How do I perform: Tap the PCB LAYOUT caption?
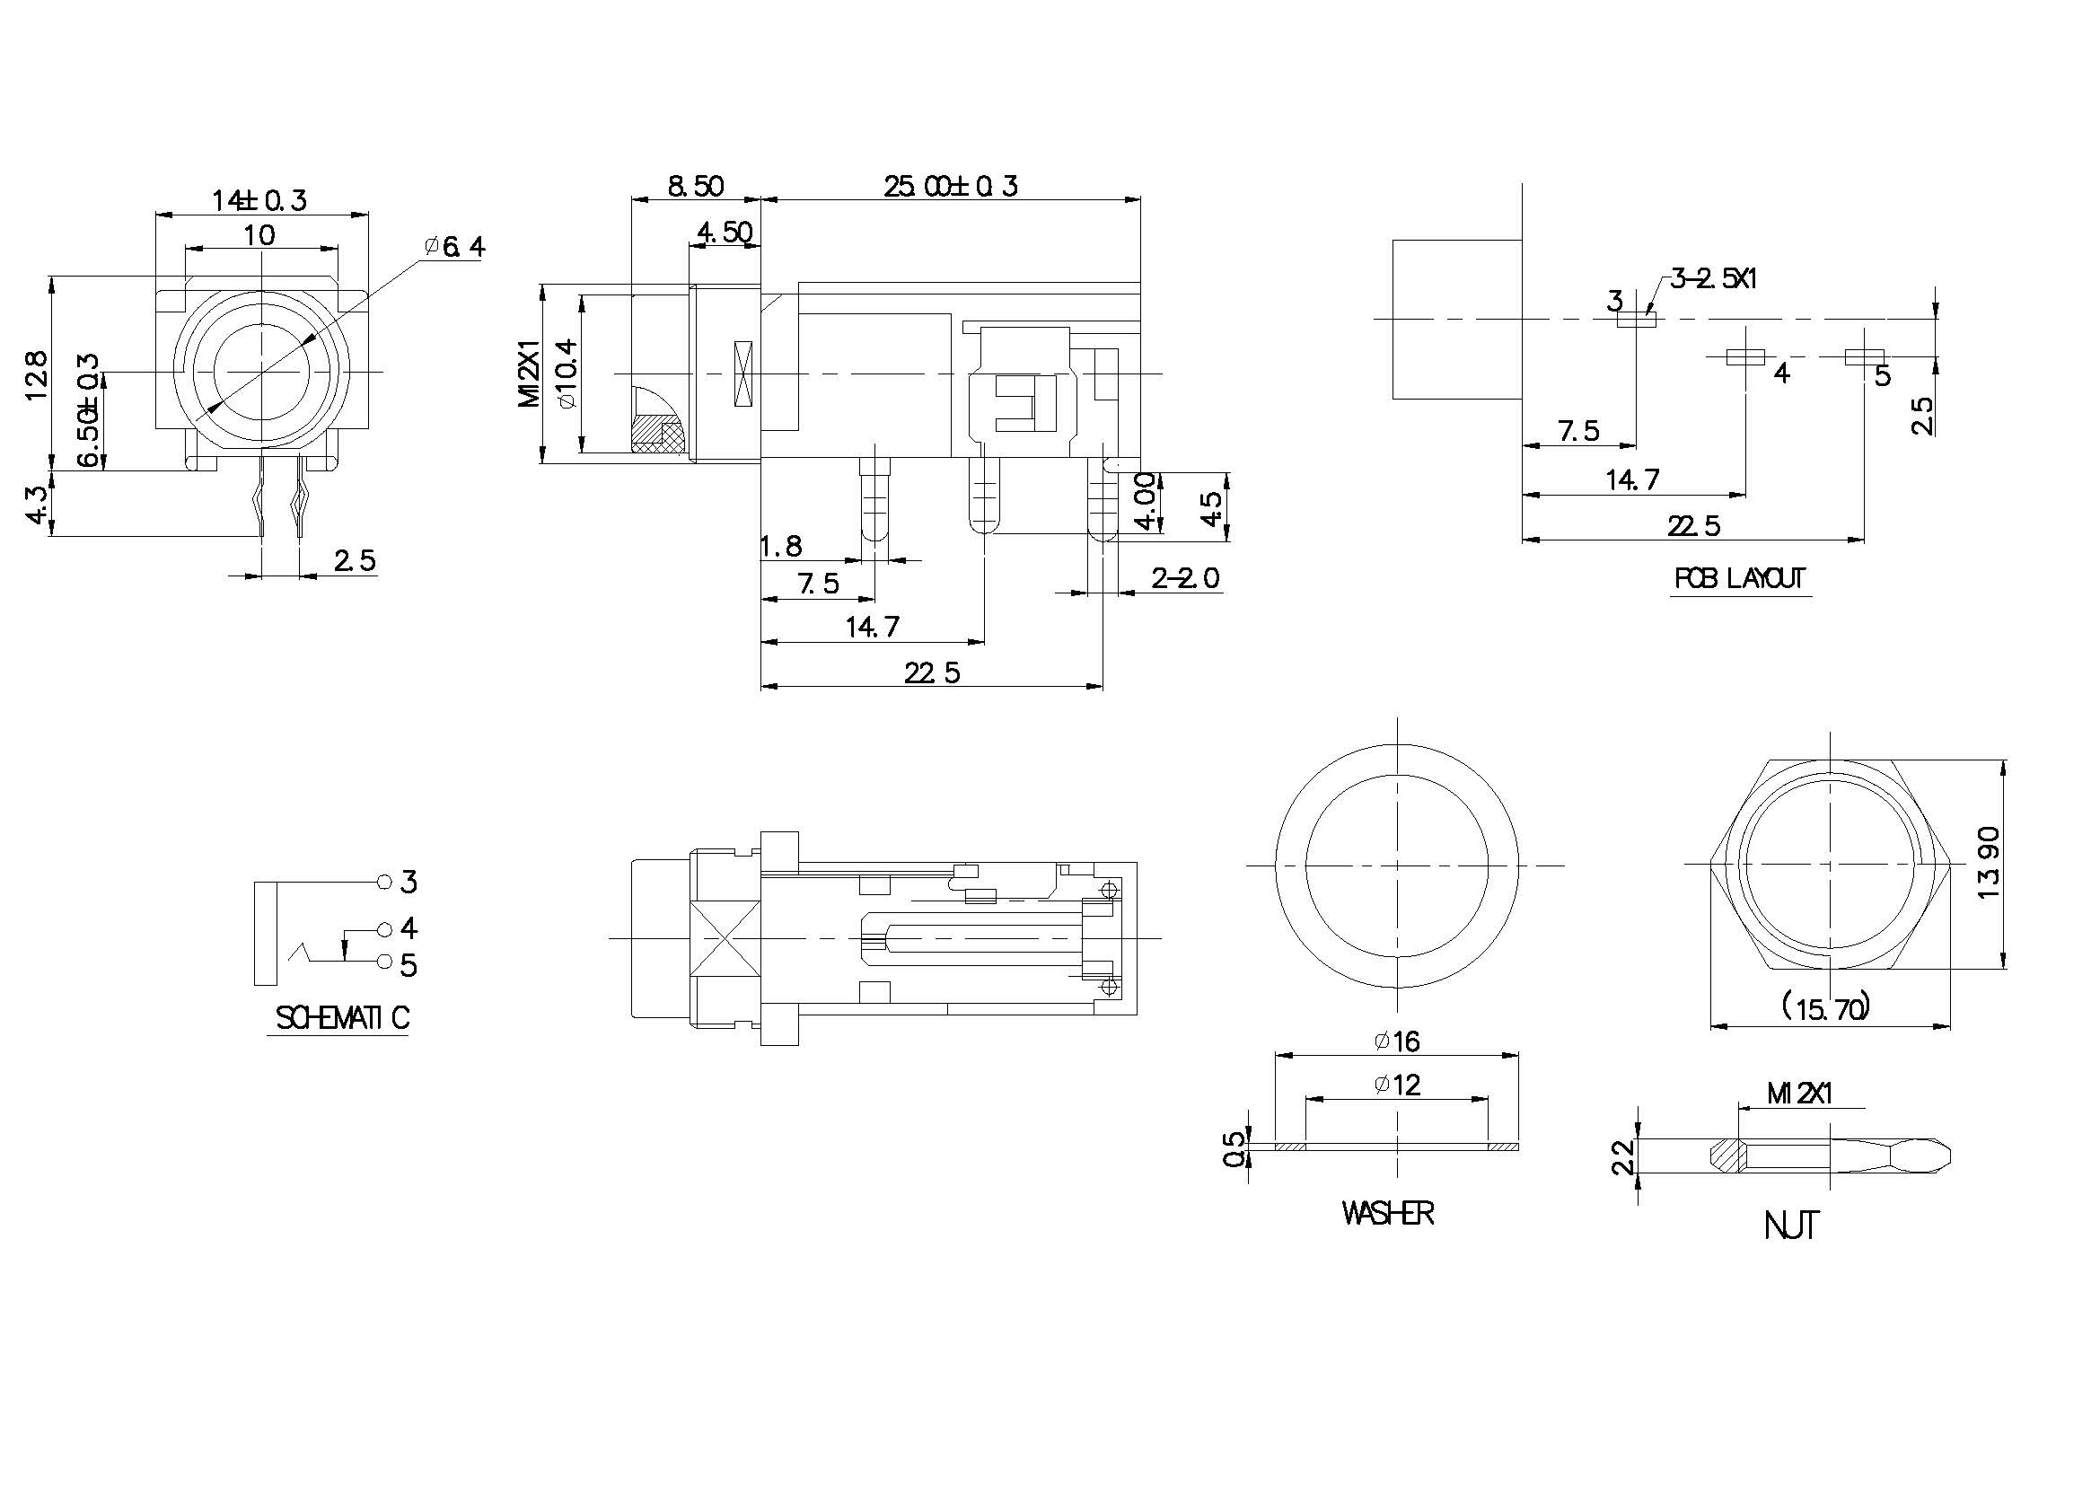pos(1740,579)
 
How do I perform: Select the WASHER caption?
pos(1387,1214)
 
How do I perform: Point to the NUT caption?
pos(1791,1226)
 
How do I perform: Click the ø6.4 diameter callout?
pos(454,247)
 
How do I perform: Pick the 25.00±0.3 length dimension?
pos(950,187)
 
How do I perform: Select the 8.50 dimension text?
pos(695,187)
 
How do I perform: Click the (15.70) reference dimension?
pos(1824,1008)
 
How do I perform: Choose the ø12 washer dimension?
pos(1397,1085)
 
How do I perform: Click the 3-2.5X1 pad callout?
pos(1713,279)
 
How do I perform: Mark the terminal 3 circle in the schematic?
pos(384,882)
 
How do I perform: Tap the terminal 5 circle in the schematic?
pos(384,962)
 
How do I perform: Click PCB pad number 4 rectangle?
pos(1745,356)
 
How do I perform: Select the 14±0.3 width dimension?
pos(259,200)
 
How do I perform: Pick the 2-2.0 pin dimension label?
pos(1185,578)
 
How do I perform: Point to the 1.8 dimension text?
pos(782,547)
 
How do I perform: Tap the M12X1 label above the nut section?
pos(1800,1094)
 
